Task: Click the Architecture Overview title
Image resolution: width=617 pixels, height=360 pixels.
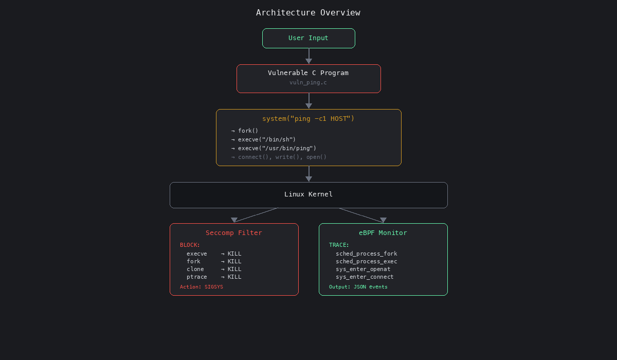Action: click(x=308, y=13)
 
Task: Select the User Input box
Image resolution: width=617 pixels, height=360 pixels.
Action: click(x=308, y=38)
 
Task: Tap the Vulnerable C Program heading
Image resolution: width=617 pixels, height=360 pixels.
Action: click(x=308, y=73)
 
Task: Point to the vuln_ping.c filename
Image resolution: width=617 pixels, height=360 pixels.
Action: click(x=308, y=82)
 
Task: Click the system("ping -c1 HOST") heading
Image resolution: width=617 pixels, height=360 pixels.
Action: click(x=308, y=119)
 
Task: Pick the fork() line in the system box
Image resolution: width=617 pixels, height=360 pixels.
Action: click(x=248, y=131)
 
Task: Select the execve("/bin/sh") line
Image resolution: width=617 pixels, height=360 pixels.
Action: click(x=266, y=139)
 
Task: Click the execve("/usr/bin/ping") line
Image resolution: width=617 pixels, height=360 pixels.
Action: click(x=277, y=148)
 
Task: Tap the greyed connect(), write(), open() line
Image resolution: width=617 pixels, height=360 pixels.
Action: click(x=282, y=157)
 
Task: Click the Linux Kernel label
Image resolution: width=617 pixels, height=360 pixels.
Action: click(x=308, y=194)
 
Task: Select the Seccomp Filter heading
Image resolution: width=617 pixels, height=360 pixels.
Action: click(x=234, y=233)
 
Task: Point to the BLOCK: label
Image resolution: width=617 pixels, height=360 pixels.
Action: click(x=190, y=245)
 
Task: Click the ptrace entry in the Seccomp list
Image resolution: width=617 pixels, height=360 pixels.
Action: click(x=197, y=277)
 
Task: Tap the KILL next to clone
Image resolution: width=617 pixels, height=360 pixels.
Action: click(x=234, y=269)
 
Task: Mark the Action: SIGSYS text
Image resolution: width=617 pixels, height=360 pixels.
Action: click(x=202, y=287)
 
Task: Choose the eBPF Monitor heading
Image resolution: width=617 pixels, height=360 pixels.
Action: click(x=383, y=233)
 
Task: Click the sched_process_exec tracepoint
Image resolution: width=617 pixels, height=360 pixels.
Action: click(x=367, y=261)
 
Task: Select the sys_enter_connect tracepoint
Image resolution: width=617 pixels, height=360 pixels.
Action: click(x=365, y=277)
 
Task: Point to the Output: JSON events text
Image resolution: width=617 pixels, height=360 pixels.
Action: click(x=358, y=287)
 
